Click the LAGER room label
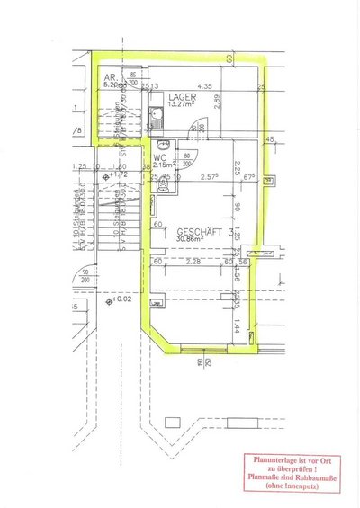[x=181, y=96]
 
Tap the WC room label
[x=159, y=156]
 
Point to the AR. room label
[x=110, y=77]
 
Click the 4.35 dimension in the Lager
[x=204, y=86]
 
